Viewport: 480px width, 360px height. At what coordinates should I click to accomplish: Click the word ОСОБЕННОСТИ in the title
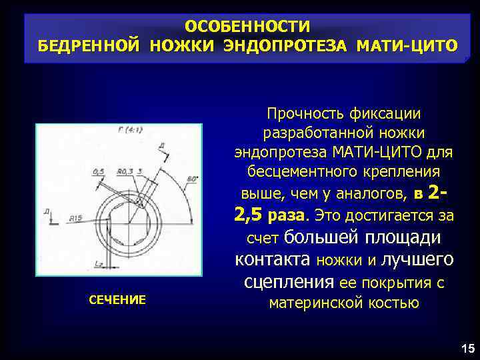point(247,27)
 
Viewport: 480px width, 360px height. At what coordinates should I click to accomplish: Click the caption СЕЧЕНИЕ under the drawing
point(117,300)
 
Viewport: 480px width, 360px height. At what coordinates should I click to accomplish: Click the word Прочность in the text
point(298,115)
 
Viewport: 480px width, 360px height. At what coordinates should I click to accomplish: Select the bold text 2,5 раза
point(271,215)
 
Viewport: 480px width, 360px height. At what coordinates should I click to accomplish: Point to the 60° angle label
point(193,178)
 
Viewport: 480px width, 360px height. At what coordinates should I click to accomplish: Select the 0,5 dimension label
point(99,171)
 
